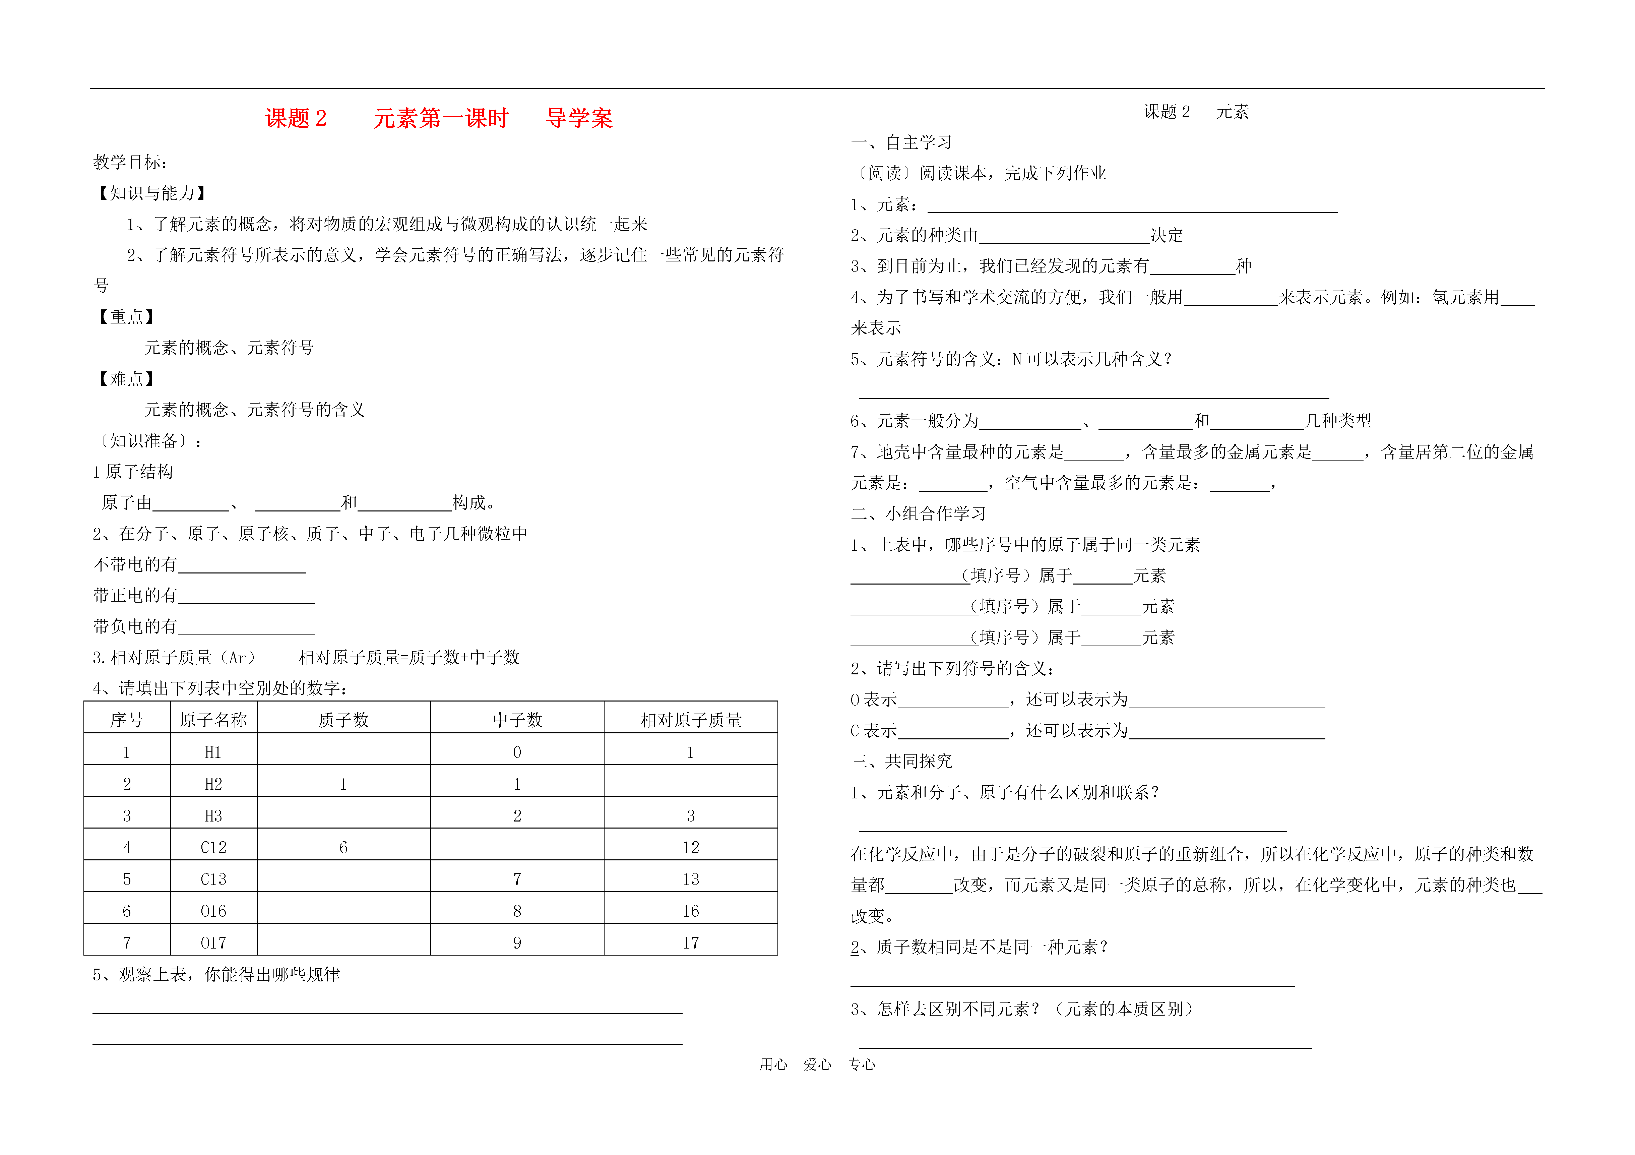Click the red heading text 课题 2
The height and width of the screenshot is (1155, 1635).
point(296,118)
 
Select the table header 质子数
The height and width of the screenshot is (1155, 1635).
point(343,720)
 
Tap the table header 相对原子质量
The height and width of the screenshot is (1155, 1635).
point(691,720)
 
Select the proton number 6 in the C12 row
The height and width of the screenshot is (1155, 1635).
point(343,847)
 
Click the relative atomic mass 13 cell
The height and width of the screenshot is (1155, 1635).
point(691,879)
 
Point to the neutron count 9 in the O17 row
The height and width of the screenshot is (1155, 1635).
point(517,943)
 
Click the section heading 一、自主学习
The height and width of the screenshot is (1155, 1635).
point(901,142)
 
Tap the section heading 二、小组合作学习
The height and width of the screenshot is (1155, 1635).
point(918,513)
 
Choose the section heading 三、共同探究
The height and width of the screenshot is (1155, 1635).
point(901,761)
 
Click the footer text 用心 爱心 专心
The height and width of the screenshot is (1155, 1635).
point(817,1065)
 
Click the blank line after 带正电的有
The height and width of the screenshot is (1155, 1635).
point(246,597)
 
